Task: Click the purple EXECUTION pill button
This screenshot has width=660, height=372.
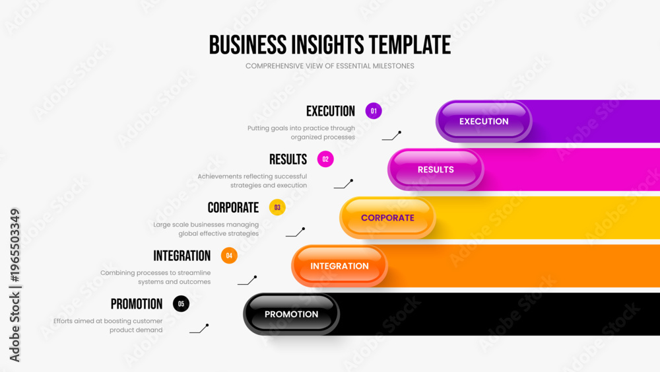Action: (484, 122)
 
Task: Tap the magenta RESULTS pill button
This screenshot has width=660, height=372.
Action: (436, 169)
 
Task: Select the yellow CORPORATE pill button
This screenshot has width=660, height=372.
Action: (387, 218)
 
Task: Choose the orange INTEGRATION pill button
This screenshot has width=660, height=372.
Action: (339, 266)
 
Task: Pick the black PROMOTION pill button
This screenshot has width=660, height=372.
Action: (291, 315)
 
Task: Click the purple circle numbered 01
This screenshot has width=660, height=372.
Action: (374, 111)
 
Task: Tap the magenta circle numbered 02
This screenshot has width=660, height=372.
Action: (325, 159)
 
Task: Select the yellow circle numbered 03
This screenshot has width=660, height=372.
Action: (277, 207)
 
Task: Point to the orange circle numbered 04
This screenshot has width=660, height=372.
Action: (229, 255)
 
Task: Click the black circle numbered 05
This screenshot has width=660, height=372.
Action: (181, 304)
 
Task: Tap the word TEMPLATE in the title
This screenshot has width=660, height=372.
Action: (410, 45)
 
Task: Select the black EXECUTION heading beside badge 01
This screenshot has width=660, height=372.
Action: (331, 111)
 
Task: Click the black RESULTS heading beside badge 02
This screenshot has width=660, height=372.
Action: (288, 159)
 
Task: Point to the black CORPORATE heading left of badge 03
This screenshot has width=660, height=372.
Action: (233, 207)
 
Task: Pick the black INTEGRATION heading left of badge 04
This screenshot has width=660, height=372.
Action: (182, 256)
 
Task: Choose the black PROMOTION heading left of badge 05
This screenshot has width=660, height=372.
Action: (137, 304)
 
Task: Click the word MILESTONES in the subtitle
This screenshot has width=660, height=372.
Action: (393, 66)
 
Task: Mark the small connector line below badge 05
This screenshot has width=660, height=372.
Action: (199, 329)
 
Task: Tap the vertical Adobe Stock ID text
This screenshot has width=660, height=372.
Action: (15, 285)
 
